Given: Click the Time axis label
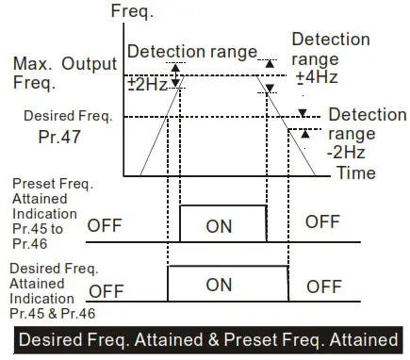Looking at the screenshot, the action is (356, 172).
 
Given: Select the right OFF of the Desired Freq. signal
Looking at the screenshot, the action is (323, 286).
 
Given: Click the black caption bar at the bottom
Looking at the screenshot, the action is (205, 338).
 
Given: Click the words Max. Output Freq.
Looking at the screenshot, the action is (62, 73).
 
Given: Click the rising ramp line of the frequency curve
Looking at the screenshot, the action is (154, 123).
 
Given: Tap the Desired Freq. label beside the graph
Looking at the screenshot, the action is (68, 117).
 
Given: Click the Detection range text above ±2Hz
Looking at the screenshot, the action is (191, 51).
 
